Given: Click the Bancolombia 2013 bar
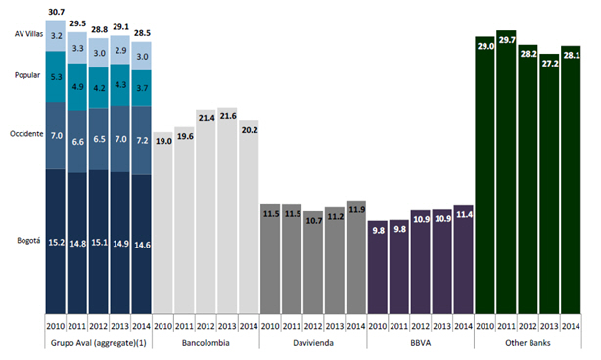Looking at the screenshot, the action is click(x=227, y=210).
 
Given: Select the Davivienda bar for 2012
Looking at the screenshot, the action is click(x=313, y=262).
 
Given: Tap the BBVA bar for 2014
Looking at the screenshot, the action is click(x=463, y=259).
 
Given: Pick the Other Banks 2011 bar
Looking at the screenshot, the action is click(x=506, y=172).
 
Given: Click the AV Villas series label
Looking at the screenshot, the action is click(x=28, y=34).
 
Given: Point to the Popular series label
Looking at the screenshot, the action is click(x=27, y=75).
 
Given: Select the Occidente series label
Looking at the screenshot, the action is click(x=26, y=134).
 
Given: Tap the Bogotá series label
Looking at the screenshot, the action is click(x=28, y=240).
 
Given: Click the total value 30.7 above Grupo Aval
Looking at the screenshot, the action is click(x=57, y=12).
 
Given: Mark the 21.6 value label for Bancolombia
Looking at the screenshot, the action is click(x=228, y=116).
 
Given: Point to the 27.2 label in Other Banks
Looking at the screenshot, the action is click(x=550, y=64).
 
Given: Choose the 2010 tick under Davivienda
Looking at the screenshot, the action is click(x=270, y=326).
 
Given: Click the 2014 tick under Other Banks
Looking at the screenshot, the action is click(x=571, y=326).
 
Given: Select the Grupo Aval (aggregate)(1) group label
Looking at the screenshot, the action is click(x=99, y=343).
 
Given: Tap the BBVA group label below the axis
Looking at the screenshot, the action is click(x=421, y=343).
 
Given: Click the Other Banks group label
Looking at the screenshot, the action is click(x=528, y=343).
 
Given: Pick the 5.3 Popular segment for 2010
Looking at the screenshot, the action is click(x=56, y=76).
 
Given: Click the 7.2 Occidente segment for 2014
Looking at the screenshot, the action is click(x=141, y=140).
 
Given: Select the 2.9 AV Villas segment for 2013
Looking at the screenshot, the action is click(x=120, y=50).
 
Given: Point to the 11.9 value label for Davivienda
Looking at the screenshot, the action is click(x=357, y=210).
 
